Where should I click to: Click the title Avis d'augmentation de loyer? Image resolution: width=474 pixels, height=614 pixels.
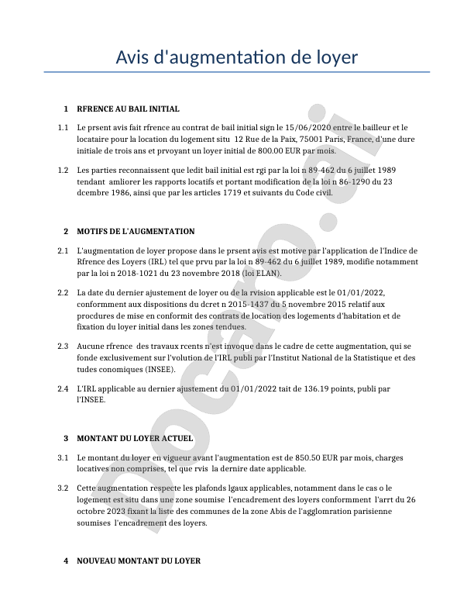237,57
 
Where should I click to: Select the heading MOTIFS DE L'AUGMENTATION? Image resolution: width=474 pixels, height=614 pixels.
136,232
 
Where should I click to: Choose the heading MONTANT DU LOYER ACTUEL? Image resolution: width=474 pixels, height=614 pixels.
135,439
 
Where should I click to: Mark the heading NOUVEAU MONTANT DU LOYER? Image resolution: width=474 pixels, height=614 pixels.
139,561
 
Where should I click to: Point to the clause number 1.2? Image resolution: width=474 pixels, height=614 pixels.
63,169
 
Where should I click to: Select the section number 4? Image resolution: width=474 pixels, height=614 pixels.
66,561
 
